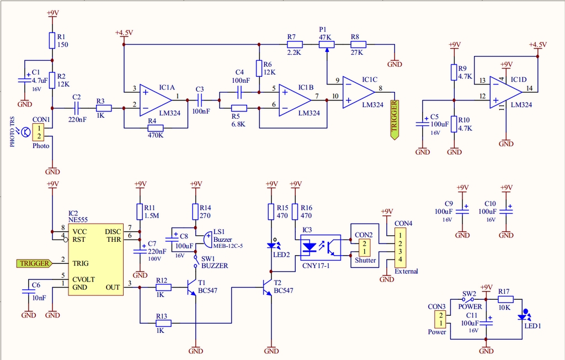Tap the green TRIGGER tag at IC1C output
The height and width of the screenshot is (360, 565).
click(x=394, y=119)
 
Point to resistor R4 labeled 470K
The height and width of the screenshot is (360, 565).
click(x=155, y=128)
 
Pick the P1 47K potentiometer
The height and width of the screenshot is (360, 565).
click(x=326, y=44)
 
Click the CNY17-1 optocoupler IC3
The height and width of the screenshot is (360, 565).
click(x=320, y=247)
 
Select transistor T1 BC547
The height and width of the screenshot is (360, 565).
click(x=191, y=287)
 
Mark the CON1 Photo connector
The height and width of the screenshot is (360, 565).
click(x=39, y=133)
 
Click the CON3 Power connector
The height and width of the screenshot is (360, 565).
click(x=441, y=320)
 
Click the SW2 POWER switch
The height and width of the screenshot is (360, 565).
click(x=469, y=300)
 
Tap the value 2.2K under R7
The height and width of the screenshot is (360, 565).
click(x=294, y=52)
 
